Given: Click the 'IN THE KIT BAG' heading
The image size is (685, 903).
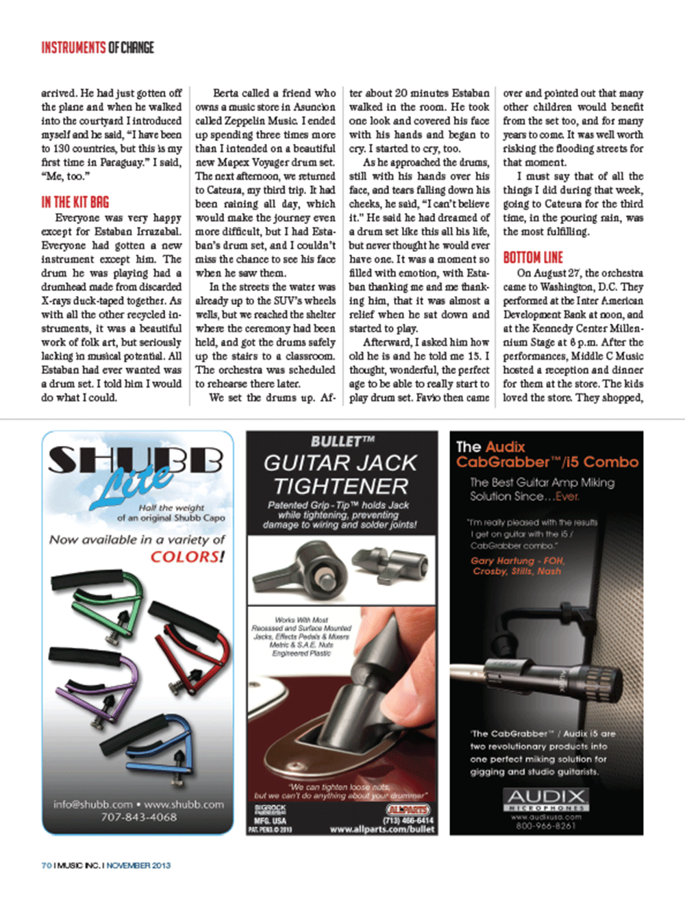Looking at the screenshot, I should (75, 202).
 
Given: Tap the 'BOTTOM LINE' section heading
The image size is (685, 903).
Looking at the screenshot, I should (533, 258).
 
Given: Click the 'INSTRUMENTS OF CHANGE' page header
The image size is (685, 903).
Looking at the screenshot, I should (97, 47).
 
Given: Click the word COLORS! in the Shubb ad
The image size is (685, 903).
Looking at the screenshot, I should (187, 556).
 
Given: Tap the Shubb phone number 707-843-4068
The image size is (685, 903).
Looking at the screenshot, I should (138, 817).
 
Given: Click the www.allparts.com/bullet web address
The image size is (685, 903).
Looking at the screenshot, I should (382, 829).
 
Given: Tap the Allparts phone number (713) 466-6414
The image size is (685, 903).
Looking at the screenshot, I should (408, 820).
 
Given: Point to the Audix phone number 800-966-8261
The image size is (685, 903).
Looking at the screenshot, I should (546, 826).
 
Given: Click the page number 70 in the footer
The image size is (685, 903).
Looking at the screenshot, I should (46, 865).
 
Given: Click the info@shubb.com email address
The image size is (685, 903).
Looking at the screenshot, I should (92, 804).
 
